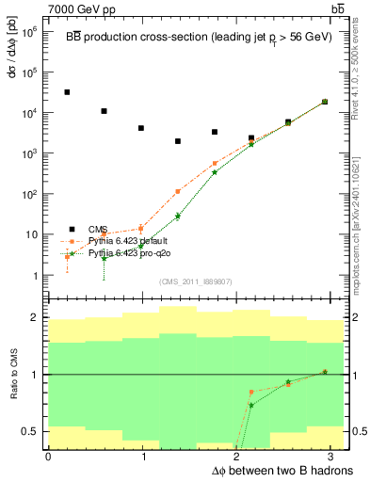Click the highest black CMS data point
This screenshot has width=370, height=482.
[67, 92]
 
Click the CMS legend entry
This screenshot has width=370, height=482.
[98, 229]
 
